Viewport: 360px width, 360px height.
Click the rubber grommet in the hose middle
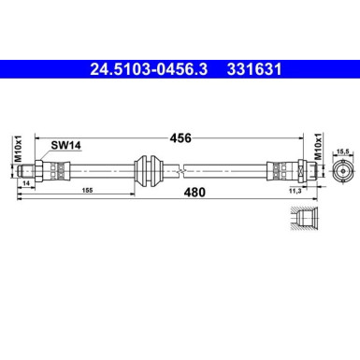(148, 171)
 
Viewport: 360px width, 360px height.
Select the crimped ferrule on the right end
(278, 171)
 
